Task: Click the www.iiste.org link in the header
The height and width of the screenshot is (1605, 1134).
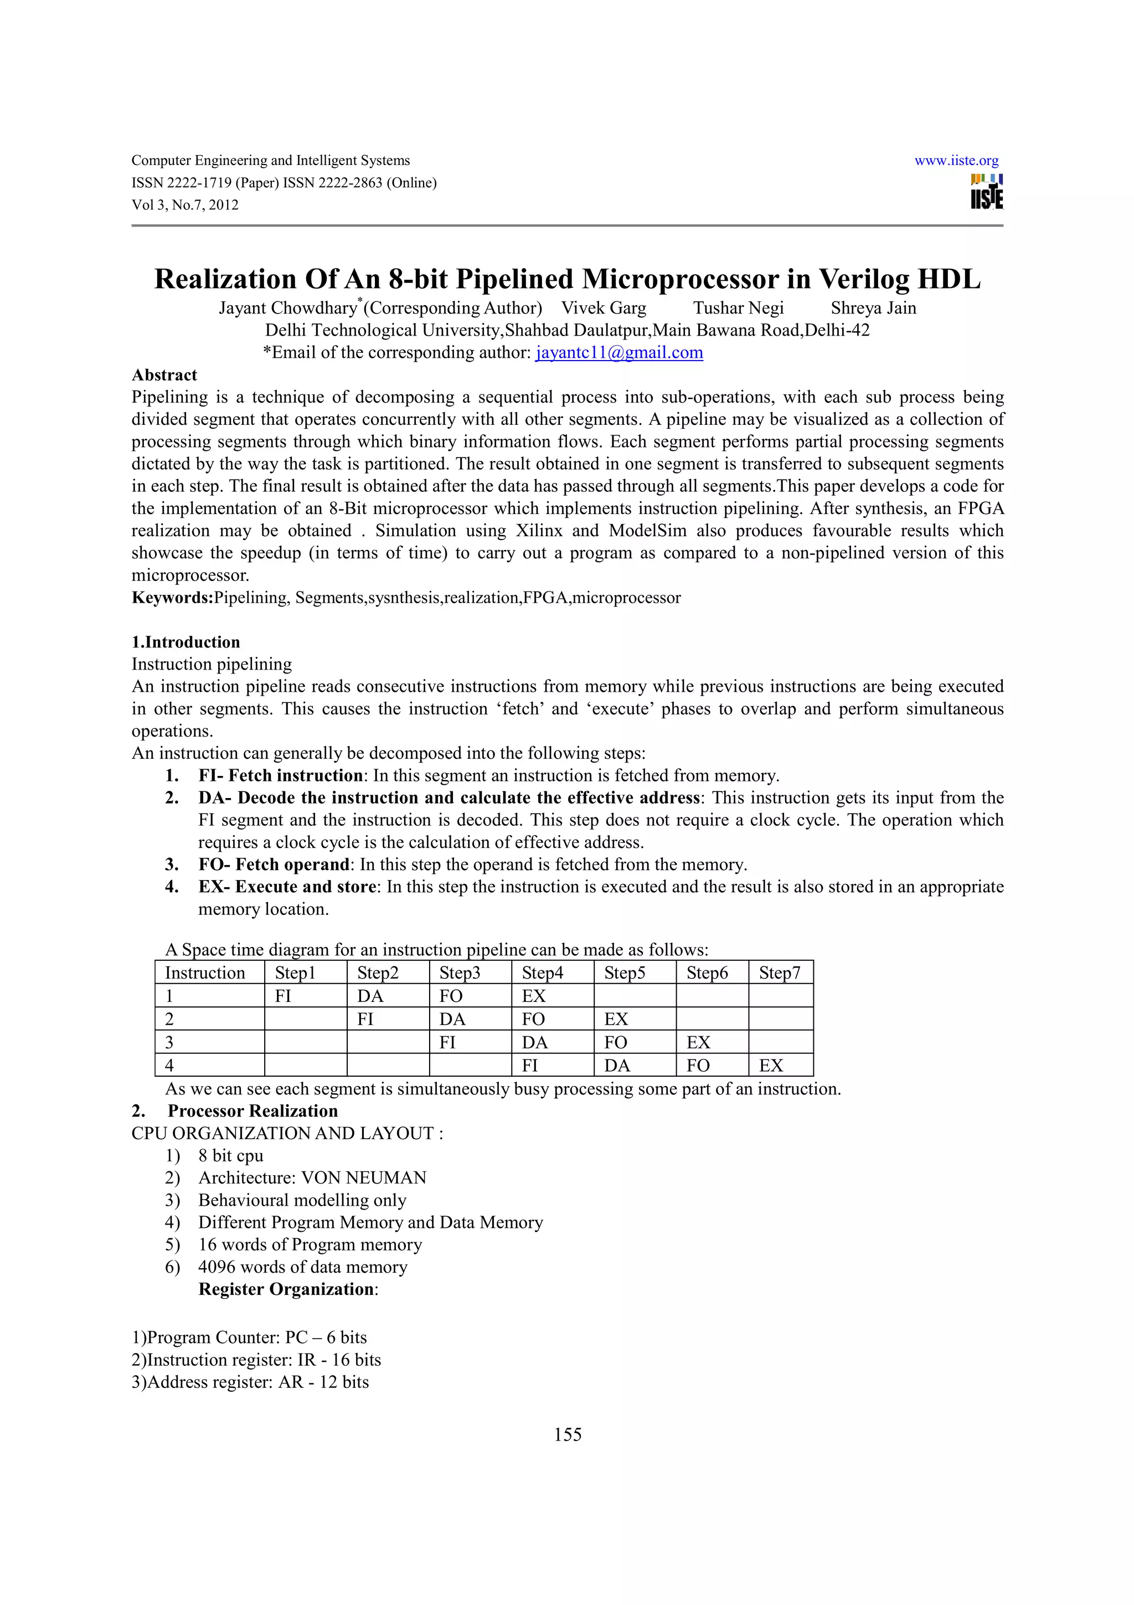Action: tap(956, 161)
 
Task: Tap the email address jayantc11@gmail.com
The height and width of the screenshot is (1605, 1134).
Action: tap(619, 352)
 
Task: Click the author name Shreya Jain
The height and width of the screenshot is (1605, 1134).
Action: tap(873, 308)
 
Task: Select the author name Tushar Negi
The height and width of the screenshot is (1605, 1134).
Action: tap(738, 308)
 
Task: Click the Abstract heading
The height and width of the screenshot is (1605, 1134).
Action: tap(164, 375)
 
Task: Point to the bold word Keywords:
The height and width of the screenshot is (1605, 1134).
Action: tap(172, 598)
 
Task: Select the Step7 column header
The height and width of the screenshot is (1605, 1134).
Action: tap(779, 973)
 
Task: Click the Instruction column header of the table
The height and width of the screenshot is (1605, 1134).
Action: tap(205, 973)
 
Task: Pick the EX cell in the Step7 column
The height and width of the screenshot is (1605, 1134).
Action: tap(771, 1066)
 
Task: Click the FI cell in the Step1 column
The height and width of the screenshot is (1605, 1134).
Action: tap(283, 996)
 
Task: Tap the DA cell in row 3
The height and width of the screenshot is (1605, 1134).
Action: tap(534, 1042)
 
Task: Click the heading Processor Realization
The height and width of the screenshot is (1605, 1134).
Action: tap(252, 1111)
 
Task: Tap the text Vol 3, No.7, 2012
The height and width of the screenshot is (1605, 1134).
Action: tap(185, 205)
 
